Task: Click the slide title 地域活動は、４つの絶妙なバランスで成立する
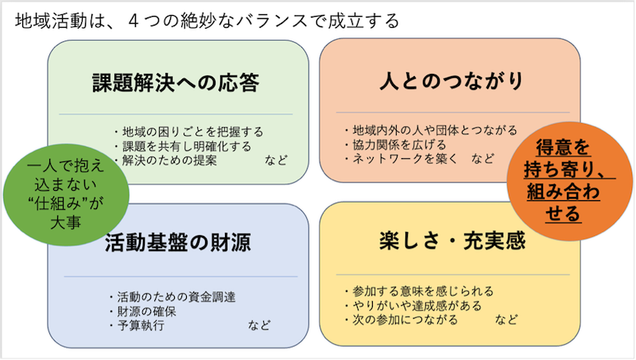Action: pos(207,21)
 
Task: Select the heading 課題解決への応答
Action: pos(176,83)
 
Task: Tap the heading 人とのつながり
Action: pos(452,81)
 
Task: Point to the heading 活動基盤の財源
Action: pos(178,242)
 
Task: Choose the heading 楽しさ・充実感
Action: pos(452,241)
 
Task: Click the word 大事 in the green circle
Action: pos(66,223)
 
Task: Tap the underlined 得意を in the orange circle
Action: pos(563,147)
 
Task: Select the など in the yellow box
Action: pos(506,319)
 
